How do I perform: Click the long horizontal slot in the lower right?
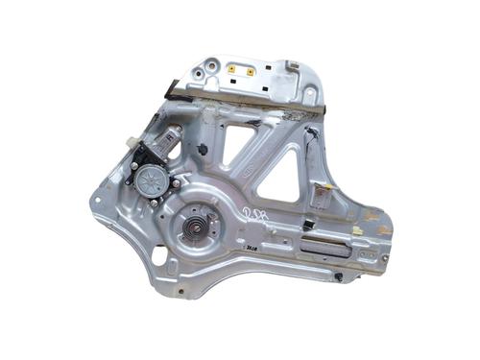[x=326, y=245]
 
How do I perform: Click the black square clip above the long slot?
[x=309, y=224]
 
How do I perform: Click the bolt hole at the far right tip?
[x=384, y=257]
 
